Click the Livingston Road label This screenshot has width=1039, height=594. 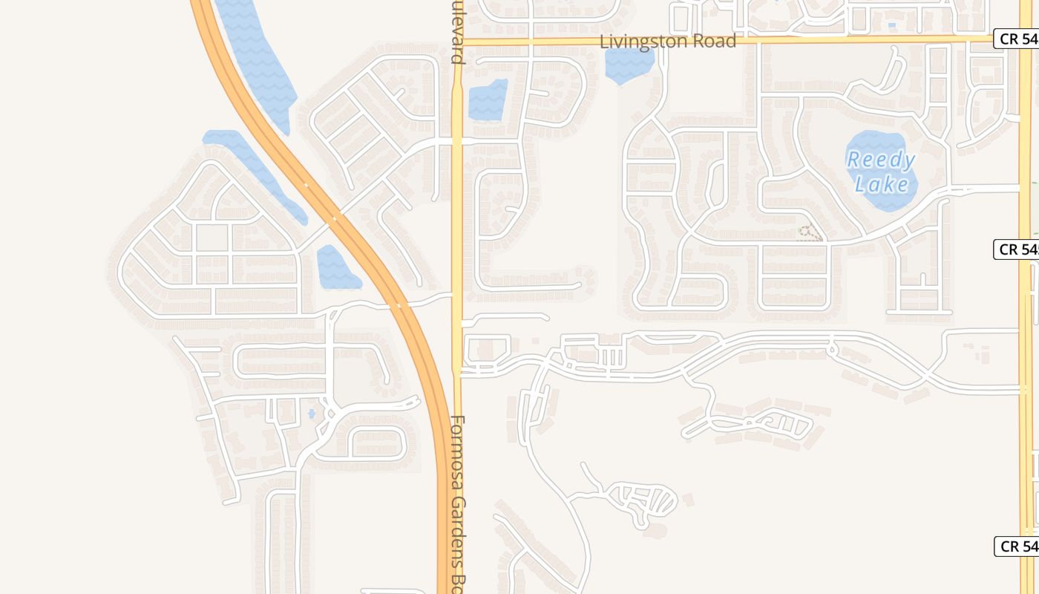point(668,41)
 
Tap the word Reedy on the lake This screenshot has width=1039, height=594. point(881,160)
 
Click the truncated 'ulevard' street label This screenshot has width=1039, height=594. point(457,33)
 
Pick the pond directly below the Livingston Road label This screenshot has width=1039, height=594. point(629,65)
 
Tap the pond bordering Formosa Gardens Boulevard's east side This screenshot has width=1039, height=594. point(488,100)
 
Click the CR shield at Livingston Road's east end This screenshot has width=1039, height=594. point(1016,39)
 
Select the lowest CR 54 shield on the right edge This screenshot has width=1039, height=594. point(1016,546)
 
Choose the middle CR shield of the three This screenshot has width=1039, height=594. point(1016,249)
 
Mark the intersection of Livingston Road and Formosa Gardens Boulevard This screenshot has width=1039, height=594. point(457,42)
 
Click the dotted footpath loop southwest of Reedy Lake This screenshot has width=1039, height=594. point(810,233)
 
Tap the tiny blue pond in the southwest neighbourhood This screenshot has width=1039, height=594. point(312,413)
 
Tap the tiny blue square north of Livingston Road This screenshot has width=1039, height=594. point(891,25)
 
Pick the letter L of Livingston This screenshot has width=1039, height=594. point(604,41)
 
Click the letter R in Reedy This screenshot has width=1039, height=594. point(853,159)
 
